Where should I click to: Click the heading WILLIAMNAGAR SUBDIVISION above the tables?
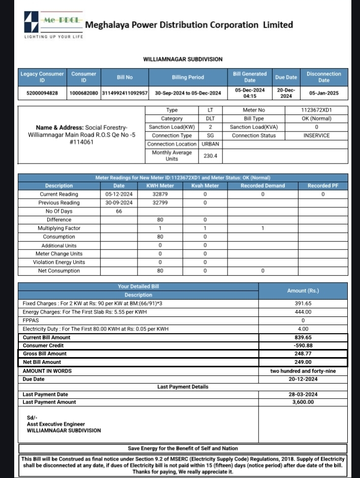(x=183, y=59)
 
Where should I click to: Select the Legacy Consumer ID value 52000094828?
(x=42, y=93)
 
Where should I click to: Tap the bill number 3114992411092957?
(x=125, y=93)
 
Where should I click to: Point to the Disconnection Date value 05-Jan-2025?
(x=324, y=93)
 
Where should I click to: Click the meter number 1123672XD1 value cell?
(x=316, y=110)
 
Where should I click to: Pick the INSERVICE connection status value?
(x=316, y=136)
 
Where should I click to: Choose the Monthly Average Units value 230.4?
(x=210, y=156)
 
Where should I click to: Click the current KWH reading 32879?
(x=160, y=194)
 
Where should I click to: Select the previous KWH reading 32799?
(x=160, y=203)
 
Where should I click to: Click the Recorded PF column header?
(x=322, y=186)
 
